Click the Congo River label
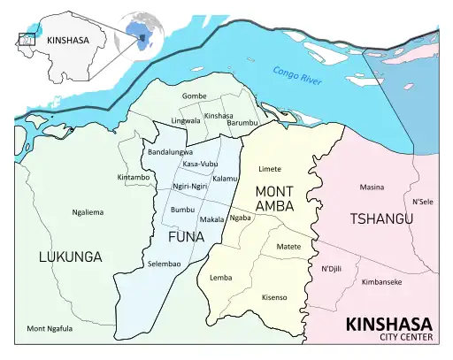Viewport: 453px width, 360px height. [297, 78]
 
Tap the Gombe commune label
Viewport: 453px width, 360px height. [194, 96]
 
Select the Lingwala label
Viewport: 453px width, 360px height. [185, 120]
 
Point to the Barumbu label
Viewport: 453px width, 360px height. [242, 122]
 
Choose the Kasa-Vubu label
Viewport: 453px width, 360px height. [200, 165]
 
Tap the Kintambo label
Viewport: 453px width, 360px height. [134, 178]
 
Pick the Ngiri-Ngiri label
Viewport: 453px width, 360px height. [189, 187]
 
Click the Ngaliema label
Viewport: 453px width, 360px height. [88, 212]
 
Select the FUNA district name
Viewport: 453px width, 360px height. [186, 237]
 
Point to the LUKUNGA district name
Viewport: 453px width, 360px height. [70, 257]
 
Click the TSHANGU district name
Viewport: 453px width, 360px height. [381, 218]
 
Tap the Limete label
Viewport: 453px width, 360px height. [270, 168]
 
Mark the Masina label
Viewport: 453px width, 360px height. [372, 187]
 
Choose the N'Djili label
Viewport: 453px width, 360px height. [332, 268]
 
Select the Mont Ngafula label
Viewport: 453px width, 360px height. [50, 328]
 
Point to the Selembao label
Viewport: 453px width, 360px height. [165, 264]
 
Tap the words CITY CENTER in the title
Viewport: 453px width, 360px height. [405, 337]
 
